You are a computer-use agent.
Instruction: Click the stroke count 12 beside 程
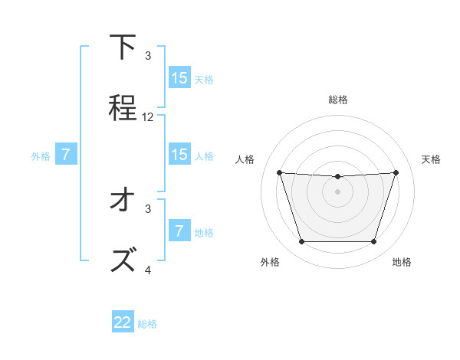tap(148, 117)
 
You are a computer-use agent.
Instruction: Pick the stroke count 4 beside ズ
tap(148, 270)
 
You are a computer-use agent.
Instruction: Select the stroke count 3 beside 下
tap(148, 56)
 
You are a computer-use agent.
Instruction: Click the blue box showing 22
tap(123, 322)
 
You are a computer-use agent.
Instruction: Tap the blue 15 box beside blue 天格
tap(179, 78)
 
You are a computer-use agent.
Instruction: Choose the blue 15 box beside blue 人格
tap(179, 155)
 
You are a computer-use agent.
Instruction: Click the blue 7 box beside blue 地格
tap(179, 231)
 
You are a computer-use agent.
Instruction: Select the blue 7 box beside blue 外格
tap(66, 155)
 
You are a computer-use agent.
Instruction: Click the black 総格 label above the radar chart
tap(337, 100)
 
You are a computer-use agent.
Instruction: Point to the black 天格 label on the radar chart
tap(431, 159)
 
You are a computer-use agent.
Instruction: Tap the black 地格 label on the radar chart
tap(402, 263)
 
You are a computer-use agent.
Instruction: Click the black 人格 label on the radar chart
tap(246, 159)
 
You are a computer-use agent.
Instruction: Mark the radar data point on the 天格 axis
tap(396, 172)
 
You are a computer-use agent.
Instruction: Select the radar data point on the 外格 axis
tap(301, 242)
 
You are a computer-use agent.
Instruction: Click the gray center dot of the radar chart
tap(337, 191)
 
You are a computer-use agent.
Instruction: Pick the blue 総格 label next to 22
tap(147, 324)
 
